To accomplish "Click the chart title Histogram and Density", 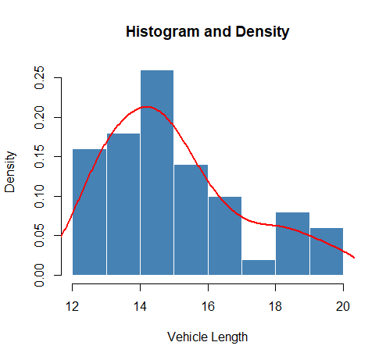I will tap(207, 32).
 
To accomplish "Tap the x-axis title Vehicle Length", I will tap(207, 337).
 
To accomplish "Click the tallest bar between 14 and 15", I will tap(157, 172).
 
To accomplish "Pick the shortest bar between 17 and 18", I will tap(259, 267).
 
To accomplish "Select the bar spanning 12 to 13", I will tap(89, 211).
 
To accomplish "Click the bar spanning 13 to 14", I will tap(123, 203).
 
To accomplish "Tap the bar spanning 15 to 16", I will tap(191, 219).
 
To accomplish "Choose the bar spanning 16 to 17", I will tap(225, 234).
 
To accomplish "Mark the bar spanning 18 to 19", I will tap(292, 243).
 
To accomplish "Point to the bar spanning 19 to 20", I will tap(327, 251).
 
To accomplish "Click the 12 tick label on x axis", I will tap(73, 305).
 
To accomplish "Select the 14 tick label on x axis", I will tap(140, 305).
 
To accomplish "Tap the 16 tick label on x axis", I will tap(208, 305).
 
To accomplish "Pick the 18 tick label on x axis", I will tap(276, 305).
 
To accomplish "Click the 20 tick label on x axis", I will tap(343, 305).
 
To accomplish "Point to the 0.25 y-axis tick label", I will tap(39, 78).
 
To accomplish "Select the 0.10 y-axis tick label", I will tap(39, 196).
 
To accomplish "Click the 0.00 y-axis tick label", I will tap(39, 275).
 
